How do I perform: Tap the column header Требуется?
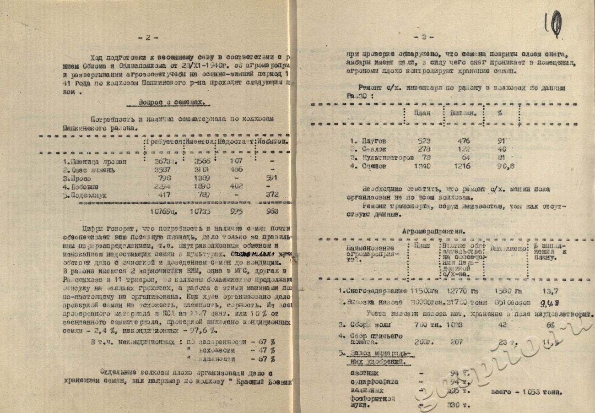click(163, 141)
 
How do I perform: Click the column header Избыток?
click(273, 141)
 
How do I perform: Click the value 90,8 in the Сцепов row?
click(503, 167)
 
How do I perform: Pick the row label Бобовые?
click(80, 187)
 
